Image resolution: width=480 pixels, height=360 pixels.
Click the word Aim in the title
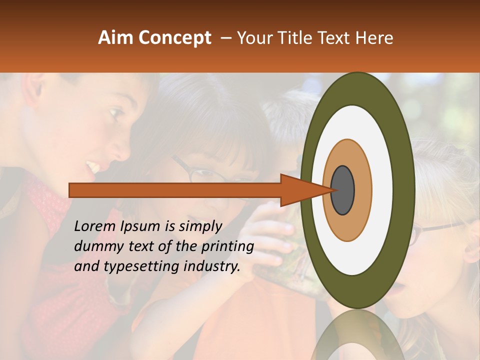click(x=115, y=38)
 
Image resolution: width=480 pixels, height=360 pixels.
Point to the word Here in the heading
click(x=374, y=38)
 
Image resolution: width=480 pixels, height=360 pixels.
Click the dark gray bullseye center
click(x=342, y=190)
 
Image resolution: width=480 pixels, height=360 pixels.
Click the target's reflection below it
click(x=357, y=340)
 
